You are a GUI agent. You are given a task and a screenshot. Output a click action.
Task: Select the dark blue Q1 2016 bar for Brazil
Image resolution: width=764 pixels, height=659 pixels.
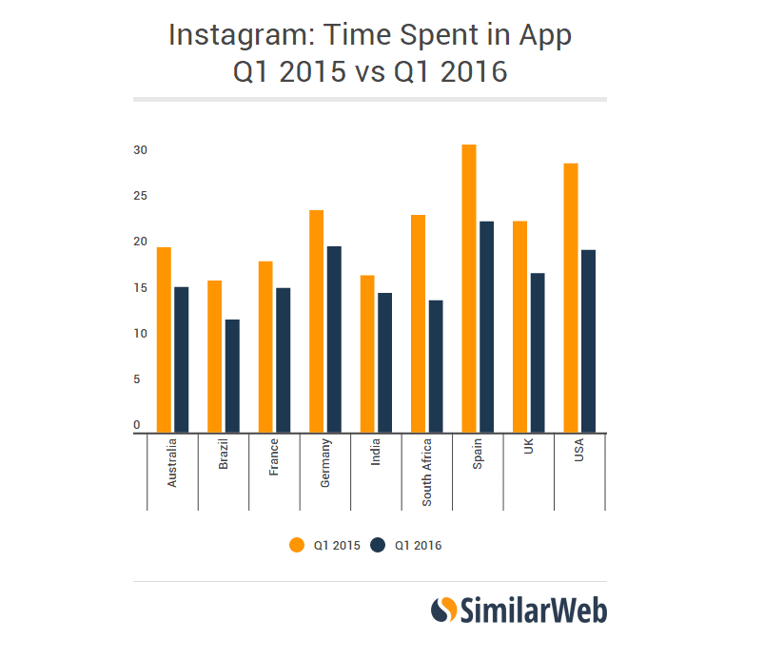click(x=231, y=376)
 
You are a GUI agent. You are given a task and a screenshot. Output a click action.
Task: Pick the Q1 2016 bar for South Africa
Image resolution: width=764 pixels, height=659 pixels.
click(x=435, y=366)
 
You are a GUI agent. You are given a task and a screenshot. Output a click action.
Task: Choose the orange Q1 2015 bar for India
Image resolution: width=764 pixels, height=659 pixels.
click(x=367, y=354)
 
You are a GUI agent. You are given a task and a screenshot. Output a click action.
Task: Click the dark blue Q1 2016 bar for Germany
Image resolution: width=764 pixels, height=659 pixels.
click(x=333, y=339)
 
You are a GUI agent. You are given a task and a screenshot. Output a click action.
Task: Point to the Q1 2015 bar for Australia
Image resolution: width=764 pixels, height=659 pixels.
click(x=164, y=339)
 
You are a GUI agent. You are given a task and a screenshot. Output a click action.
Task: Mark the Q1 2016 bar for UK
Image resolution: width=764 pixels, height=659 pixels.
click(x=537, y=353)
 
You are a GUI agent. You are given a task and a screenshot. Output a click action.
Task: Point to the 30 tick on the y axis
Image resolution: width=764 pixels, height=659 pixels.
click(x=140, y=150)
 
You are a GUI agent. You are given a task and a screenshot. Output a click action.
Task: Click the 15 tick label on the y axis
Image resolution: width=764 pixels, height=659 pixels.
click(x=140, y=288)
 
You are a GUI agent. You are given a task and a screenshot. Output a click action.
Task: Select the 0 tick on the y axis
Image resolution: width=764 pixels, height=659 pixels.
click(x=137, y=425)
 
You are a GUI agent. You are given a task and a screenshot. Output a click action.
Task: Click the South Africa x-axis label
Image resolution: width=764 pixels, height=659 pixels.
click(x=427, y=472)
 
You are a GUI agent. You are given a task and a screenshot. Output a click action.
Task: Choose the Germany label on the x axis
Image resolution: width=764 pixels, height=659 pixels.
click(x=325, y=464)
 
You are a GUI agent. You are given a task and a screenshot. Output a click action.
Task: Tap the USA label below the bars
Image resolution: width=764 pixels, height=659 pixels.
click(x=579, y=453)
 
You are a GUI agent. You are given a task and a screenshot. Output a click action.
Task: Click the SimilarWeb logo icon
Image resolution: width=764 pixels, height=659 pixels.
click(x=443, y=610)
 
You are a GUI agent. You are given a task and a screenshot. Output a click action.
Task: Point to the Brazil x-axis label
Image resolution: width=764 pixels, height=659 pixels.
click(x=224, y=456)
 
